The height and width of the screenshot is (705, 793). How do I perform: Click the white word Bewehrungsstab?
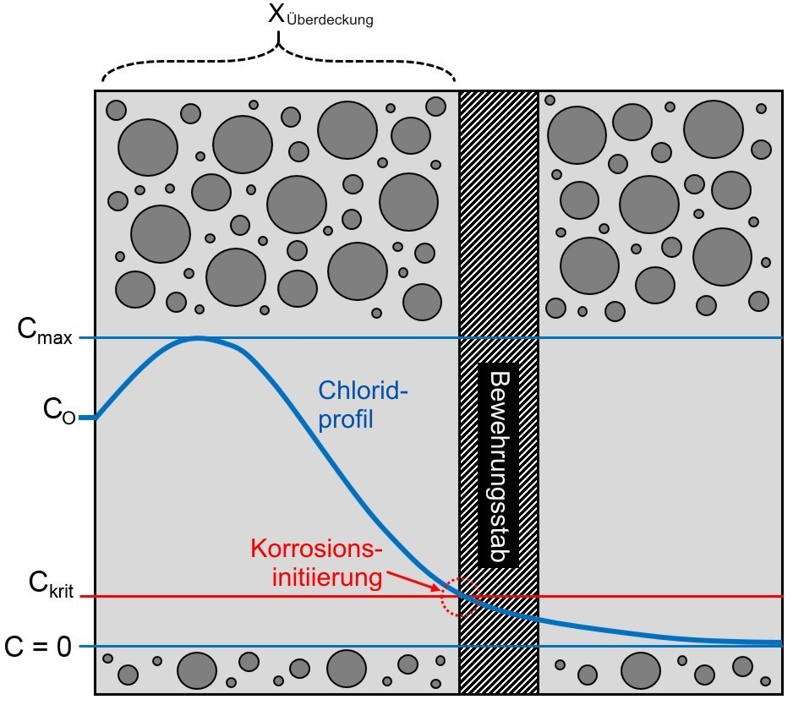(498, 466)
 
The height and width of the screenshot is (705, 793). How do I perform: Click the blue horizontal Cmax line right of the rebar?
(659, 338)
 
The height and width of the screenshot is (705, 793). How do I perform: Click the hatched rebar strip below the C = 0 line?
(498, 671)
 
